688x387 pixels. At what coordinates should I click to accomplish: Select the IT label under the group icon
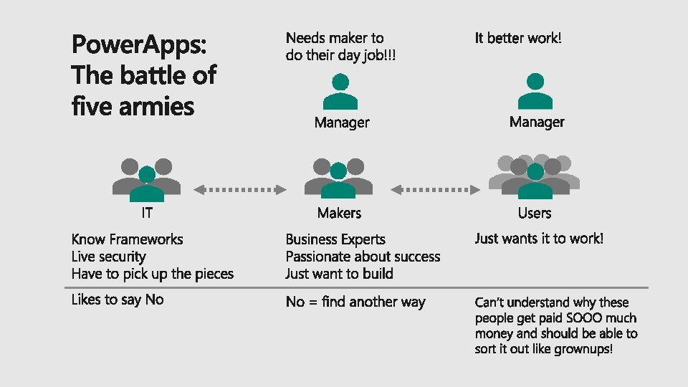pos(146,213)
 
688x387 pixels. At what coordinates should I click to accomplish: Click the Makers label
pos(339,213)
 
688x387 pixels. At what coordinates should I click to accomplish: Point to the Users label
pos(535,213)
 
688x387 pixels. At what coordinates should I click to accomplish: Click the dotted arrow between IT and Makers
pos(241,189)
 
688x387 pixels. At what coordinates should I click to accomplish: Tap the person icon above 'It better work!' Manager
pos(535,90)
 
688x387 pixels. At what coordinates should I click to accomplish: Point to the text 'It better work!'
pos(518,38)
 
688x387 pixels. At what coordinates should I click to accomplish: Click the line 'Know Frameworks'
pos(127,239)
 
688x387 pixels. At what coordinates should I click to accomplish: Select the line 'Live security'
pos(108,257)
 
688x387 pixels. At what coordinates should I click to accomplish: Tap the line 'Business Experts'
pos(335,239)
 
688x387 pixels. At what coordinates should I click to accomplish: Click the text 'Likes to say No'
pos(118,300)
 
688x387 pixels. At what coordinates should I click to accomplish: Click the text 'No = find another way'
pos(355,302)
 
